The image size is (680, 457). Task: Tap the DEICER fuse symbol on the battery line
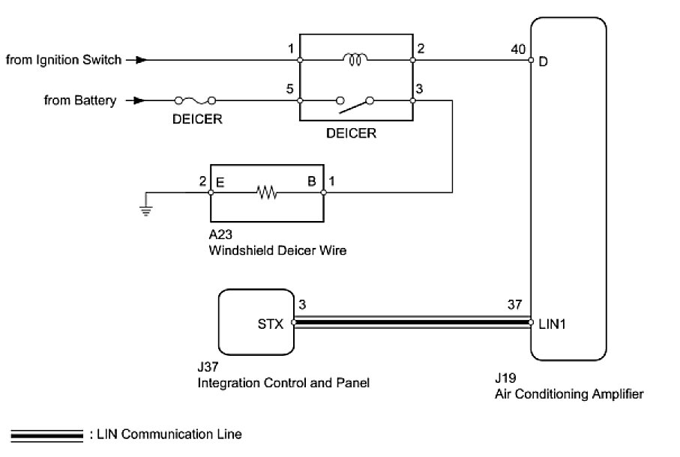[x=196, y=100]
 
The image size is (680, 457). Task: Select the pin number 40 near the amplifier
[x=518, y=50]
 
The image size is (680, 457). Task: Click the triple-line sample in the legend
[x=47, y=435]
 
